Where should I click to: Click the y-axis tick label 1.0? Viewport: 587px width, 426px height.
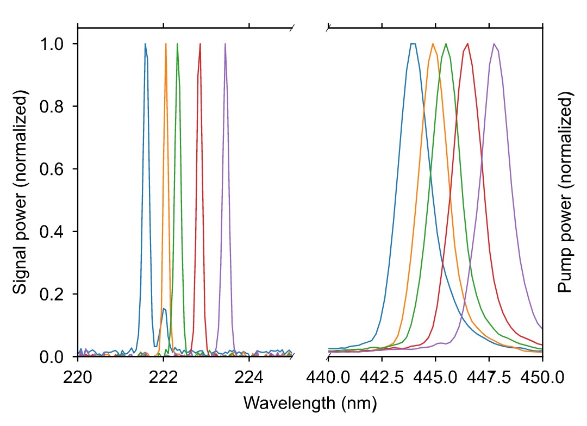pyautogui.click(x=54, y=43)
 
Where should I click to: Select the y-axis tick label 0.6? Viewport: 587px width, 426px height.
pyautogui.click(x=54, y=169)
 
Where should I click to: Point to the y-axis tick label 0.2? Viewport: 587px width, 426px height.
pyautogui.click(x=54, y=295)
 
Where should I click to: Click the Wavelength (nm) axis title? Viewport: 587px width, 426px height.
pyautogui.click(x=310, y=403)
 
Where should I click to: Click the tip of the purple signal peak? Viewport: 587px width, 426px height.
pyautogui.click(x=225, y=44)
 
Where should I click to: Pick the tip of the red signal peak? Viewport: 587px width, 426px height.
pyautogui.click(x=200, y=44)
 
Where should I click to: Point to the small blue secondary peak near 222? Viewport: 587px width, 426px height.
pyautogui.click(x=164, y=309)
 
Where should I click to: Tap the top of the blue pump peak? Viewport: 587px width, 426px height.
pyautogui.click(x=413, y=44)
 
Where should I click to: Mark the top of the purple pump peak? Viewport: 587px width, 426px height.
pyautogui.click(x=494, y=44)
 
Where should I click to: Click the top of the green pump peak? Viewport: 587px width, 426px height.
pyautogui.click(x=446, y=44)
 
